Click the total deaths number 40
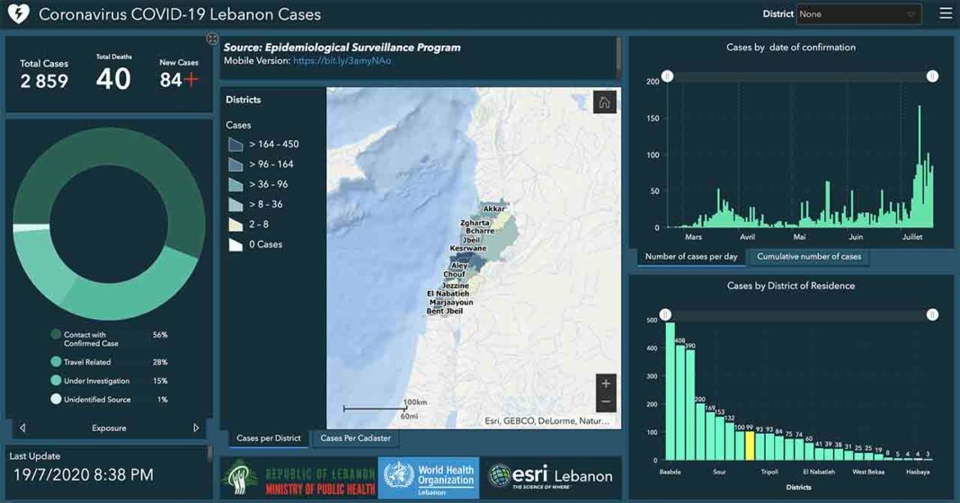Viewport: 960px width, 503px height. pyautogui.click(x=113, y=79)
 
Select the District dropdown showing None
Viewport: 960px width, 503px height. pyautogui.click(x=858, y=14)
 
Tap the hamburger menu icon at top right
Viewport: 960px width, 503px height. pyautogui.click(x=945, y=13)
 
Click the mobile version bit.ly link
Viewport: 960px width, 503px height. pyautogui.click(x=342, y=61)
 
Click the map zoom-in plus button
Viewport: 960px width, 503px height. pyautogui.click(x=606, y=384)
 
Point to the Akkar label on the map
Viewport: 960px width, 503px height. pyautogui.click(x=493, y=209)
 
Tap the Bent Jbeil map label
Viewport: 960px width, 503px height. pyautogui.click(x=445, y=312)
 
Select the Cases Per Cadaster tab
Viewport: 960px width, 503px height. pyautogui.click(x=355, y=438)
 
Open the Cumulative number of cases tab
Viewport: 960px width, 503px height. pyautogui.click(x=808, y=257)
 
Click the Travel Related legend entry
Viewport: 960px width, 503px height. pyautogui.click(x=86, y=362)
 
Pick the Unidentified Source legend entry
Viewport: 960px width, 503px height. pyautogui.click(x=96, y=400)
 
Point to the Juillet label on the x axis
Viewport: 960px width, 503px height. pyautogui.click(x=911, y=237)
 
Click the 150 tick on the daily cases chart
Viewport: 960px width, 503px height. pyautogui.click(x=653, y=119)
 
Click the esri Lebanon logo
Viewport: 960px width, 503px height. pyautogui.click(x=550, y=477)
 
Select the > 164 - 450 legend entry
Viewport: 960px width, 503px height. pyautogui.click(x=273, y=145)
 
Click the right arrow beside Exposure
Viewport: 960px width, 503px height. pyautogui.click(x=196, y=428)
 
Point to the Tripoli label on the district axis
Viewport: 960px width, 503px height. pyautogui.click(x=769, y=472)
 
